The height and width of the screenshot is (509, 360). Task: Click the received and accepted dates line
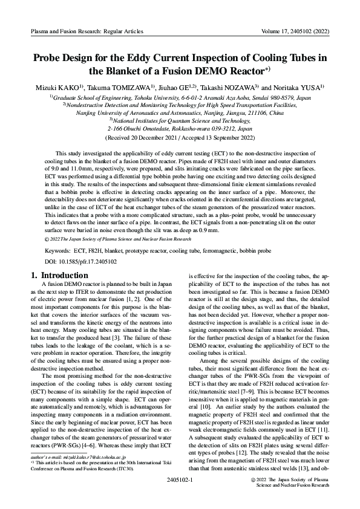(x=180, y=137)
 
